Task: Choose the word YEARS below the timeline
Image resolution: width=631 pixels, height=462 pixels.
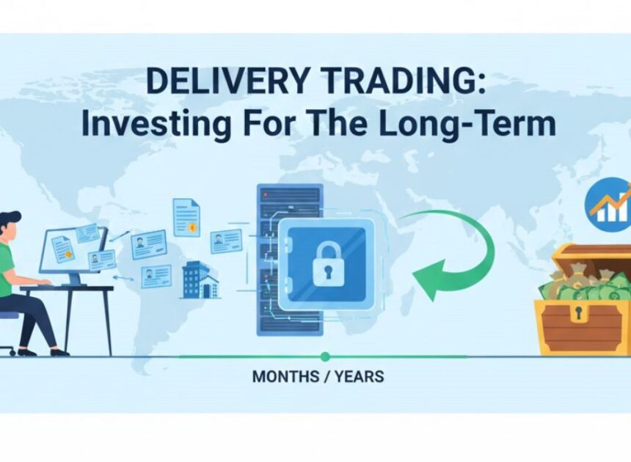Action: (x=359, y=377)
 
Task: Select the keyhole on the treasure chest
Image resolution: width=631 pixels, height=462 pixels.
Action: (x=580, y=314)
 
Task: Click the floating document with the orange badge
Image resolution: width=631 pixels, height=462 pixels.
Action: (x=186, y=217)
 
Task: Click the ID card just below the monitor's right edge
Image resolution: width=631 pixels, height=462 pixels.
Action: (x=102, y=260)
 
